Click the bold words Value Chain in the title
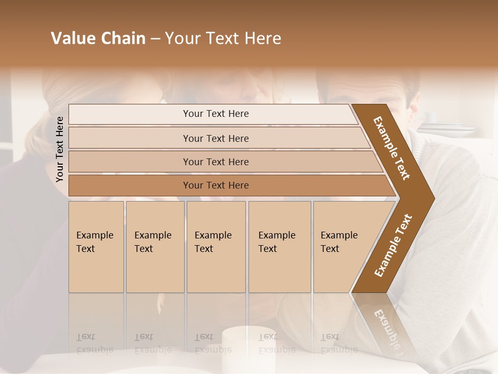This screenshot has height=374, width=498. coord(98,38)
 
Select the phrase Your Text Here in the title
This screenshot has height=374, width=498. coord(223,38)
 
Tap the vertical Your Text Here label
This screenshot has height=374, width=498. coord(60,149)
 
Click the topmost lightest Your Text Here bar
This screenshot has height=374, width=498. coord(215,114)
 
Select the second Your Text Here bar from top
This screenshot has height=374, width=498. coord(215,138)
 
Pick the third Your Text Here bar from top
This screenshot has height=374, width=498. coord(215,162)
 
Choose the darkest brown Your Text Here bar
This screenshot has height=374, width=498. coord(215,185)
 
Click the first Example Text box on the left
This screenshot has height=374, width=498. coord(96,247)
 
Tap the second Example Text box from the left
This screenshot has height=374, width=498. coord(155,247)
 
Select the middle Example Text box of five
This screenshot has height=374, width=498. coord(216,247)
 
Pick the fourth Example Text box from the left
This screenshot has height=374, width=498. coord(279,247)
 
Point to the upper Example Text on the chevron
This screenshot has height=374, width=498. coord(392,148)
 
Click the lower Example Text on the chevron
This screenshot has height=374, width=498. coord(393,245)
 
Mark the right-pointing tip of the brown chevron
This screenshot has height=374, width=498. coord(433,198)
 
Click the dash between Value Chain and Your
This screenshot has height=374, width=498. coord(155,39)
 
